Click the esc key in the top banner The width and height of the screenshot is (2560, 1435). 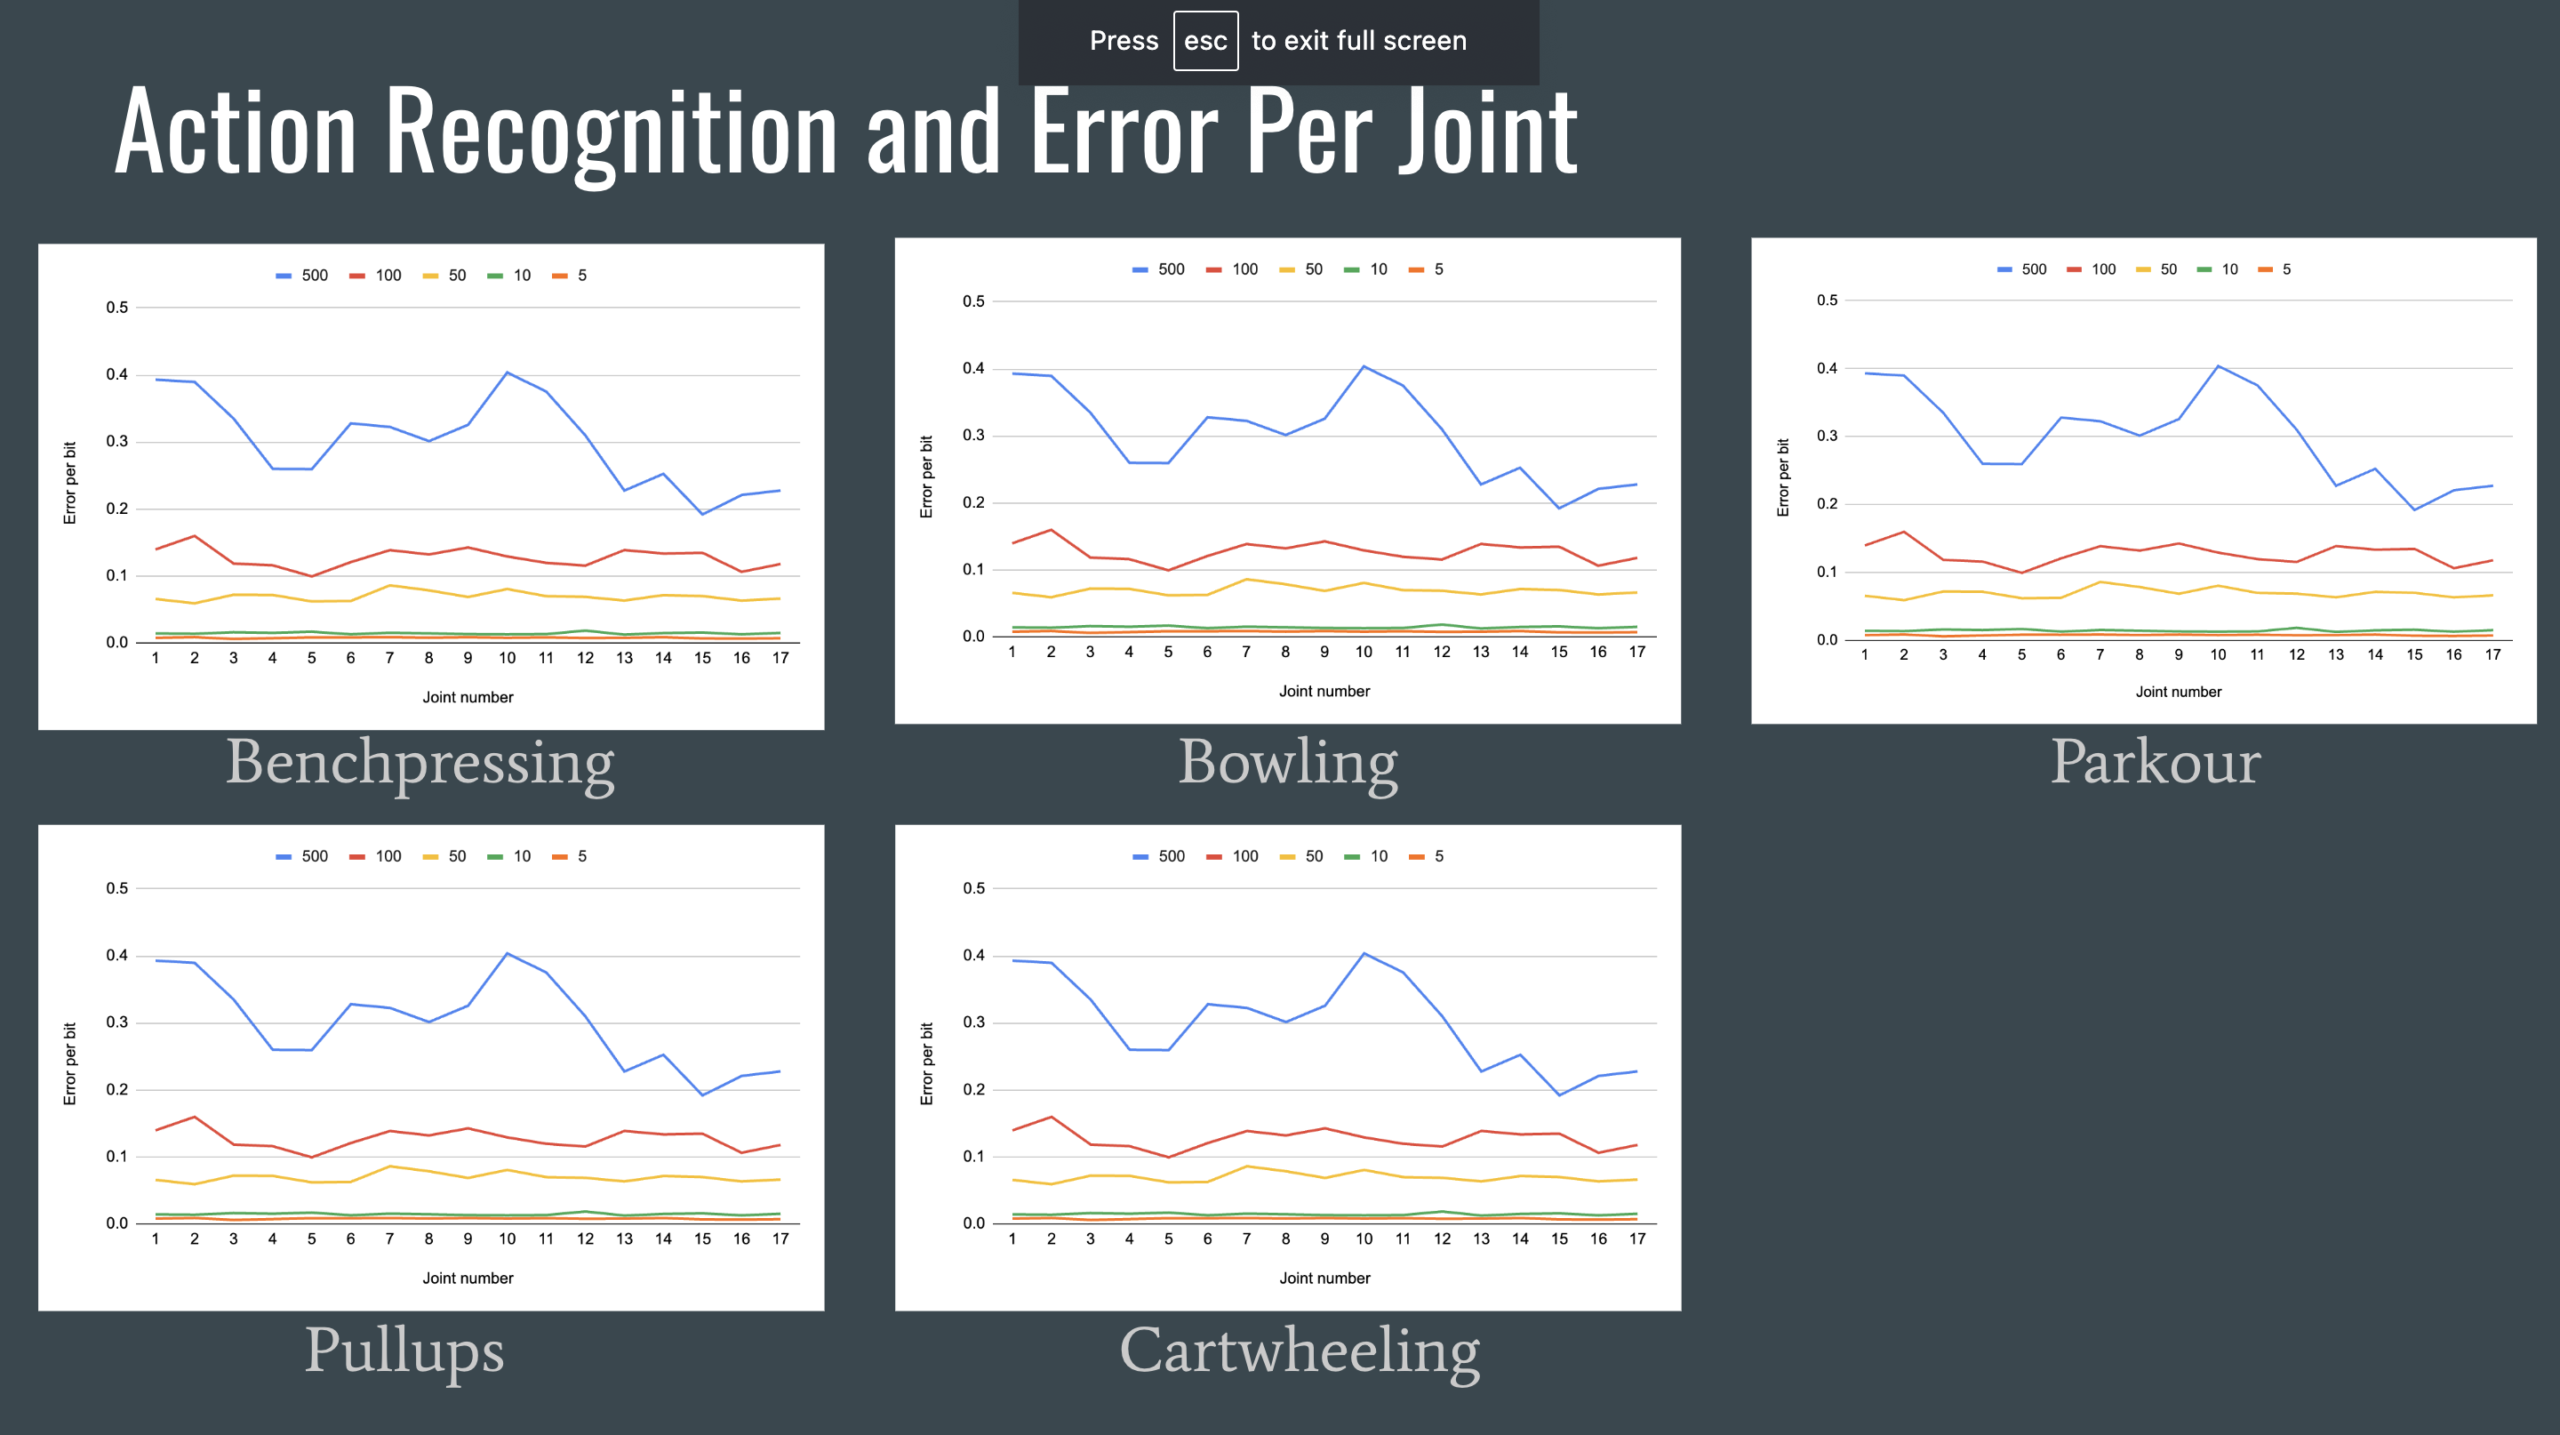(1204, 41)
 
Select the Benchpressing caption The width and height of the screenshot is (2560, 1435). (420, 763)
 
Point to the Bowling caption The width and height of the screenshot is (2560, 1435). (1287, 763)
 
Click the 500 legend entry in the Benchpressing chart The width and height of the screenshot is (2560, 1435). (303, 276)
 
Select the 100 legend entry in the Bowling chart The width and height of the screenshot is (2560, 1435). (1233, 269)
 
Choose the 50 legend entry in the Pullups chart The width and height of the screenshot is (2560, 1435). (445, 855)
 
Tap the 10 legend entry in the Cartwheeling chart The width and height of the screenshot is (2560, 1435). (1367, 855)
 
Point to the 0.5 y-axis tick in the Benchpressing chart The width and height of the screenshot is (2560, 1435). (117, 307)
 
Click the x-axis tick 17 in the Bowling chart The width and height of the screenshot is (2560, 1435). (1636, 652)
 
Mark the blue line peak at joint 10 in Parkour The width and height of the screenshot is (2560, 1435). (2218, 365)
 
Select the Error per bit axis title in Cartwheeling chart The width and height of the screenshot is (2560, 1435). (926, 1063)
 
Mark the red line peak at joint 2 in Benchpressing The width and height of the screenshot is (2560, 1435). (195, 537)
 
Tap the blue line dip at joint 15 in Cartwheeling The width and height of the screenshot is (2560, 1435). (1559, 1095)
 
